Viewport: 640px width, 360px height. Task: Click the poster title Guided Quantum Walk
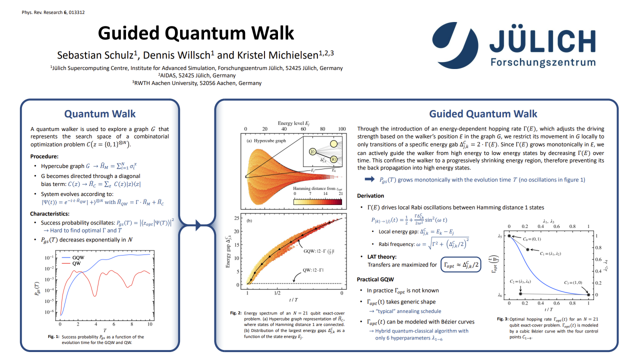(x=196, y=33)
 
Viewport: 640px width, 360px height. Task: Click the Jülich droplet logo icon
(x=452, y=44)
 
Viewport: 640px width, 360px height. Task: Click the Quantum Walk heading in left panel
(x=100, y=114)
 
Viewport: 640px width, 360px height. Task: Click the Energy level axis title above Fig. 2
(x=293, y=122)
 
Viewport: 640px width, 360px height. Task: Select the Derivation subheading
(x=370, y=195)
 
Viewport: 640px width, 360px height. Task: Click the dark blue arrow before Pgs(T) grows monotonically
(x=370, y=179)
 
